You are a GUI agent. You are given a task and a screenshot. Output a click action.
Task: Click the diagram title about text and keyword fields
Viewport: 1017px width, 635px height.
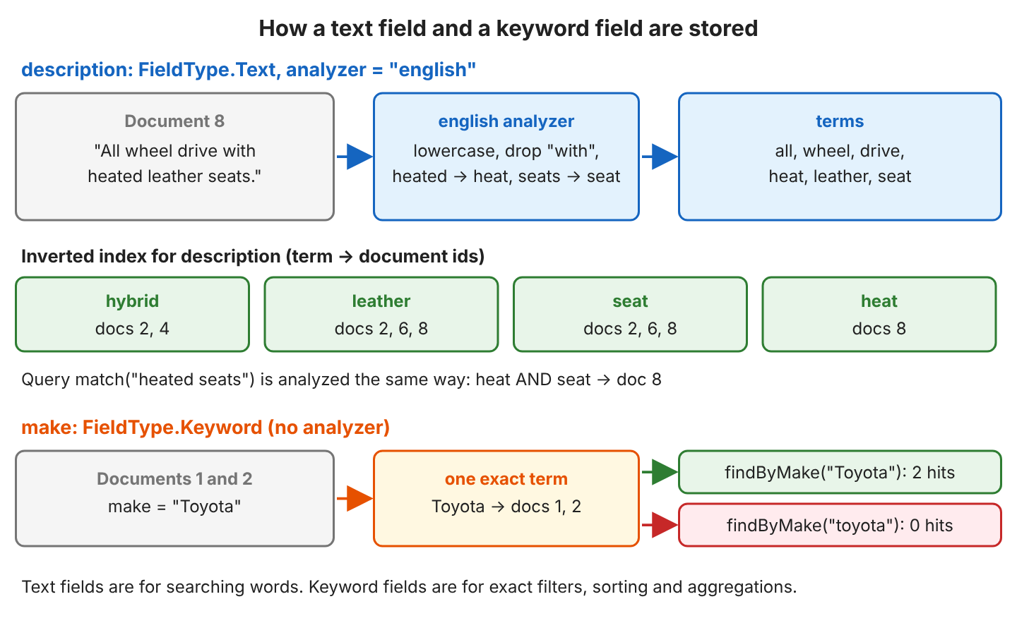[508, 28]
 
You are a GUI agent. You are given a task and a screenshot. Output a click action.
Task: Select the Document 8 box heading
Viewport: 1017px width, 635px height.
[175, 121]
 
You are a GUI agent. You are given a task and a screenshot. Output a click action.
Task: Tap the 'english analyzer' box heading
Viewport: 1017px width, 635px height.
[506, 121]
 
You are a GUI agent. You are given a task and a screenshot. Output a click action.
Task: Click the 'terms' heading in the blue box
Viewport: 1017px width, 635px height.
[840, 121]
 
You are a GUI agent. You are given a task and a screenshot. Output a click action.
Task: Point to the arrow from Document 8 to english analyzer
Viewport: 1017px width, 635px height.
[355, 157]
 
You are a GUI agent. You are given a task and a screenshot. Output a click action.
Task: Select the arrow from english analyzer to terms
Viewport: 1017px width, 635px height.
[660, 157]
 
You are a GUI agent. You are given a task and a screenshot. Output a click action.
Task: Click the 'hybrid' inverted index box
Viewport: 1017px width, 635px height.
[133, 315]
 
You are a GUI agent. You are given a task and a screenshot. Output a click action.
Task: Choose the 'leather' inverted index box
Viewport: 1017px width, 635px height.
[381, 315]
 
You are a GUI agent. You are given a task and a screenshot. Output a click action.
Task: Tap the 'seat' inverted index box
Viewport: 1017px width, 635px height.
[630, 315]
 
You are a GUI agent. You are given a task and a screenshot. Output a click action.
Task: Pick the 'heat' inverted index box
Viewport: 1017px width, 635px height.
[879, 315]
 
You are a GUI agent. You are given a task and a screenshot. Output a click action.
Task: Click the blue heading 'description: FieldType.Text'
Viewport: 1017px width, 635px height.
[249, 70]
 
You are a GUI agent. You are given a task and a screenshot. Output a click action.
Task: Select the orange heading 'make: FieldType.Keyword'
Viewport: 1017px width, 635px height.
[206, 428]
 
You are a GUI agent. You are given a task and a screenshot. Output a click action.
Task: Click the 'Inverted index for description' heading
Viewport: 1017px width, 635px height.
[253, 256]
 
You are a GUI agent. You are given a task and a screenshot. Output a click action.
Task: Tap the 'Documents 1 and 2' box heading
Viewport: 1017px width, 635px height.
[175, 478]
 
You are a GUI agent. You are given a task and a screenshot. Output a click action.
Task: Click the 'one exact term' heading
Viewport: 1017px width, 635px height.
[506, 479]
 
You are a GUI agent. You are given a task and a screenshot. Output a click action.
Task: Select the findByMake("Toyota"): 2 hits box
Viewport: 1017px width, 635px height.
[840, 472]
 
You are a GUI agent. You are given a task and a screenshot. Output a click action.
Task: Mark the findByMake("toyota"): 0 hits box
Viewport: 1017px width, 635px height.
[840, 525]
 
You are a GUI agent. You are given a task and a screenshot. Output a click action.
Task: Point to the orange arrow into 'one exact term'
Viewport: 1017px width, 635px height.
[355, 498]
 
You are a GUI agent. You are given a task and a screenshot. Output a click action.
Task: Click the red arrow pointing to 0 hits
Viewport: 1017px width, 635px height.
[660, 525]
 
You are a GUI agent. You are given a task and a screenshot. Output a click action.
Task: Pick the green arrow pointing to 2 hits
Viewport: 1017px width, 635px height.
[660, 472]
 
